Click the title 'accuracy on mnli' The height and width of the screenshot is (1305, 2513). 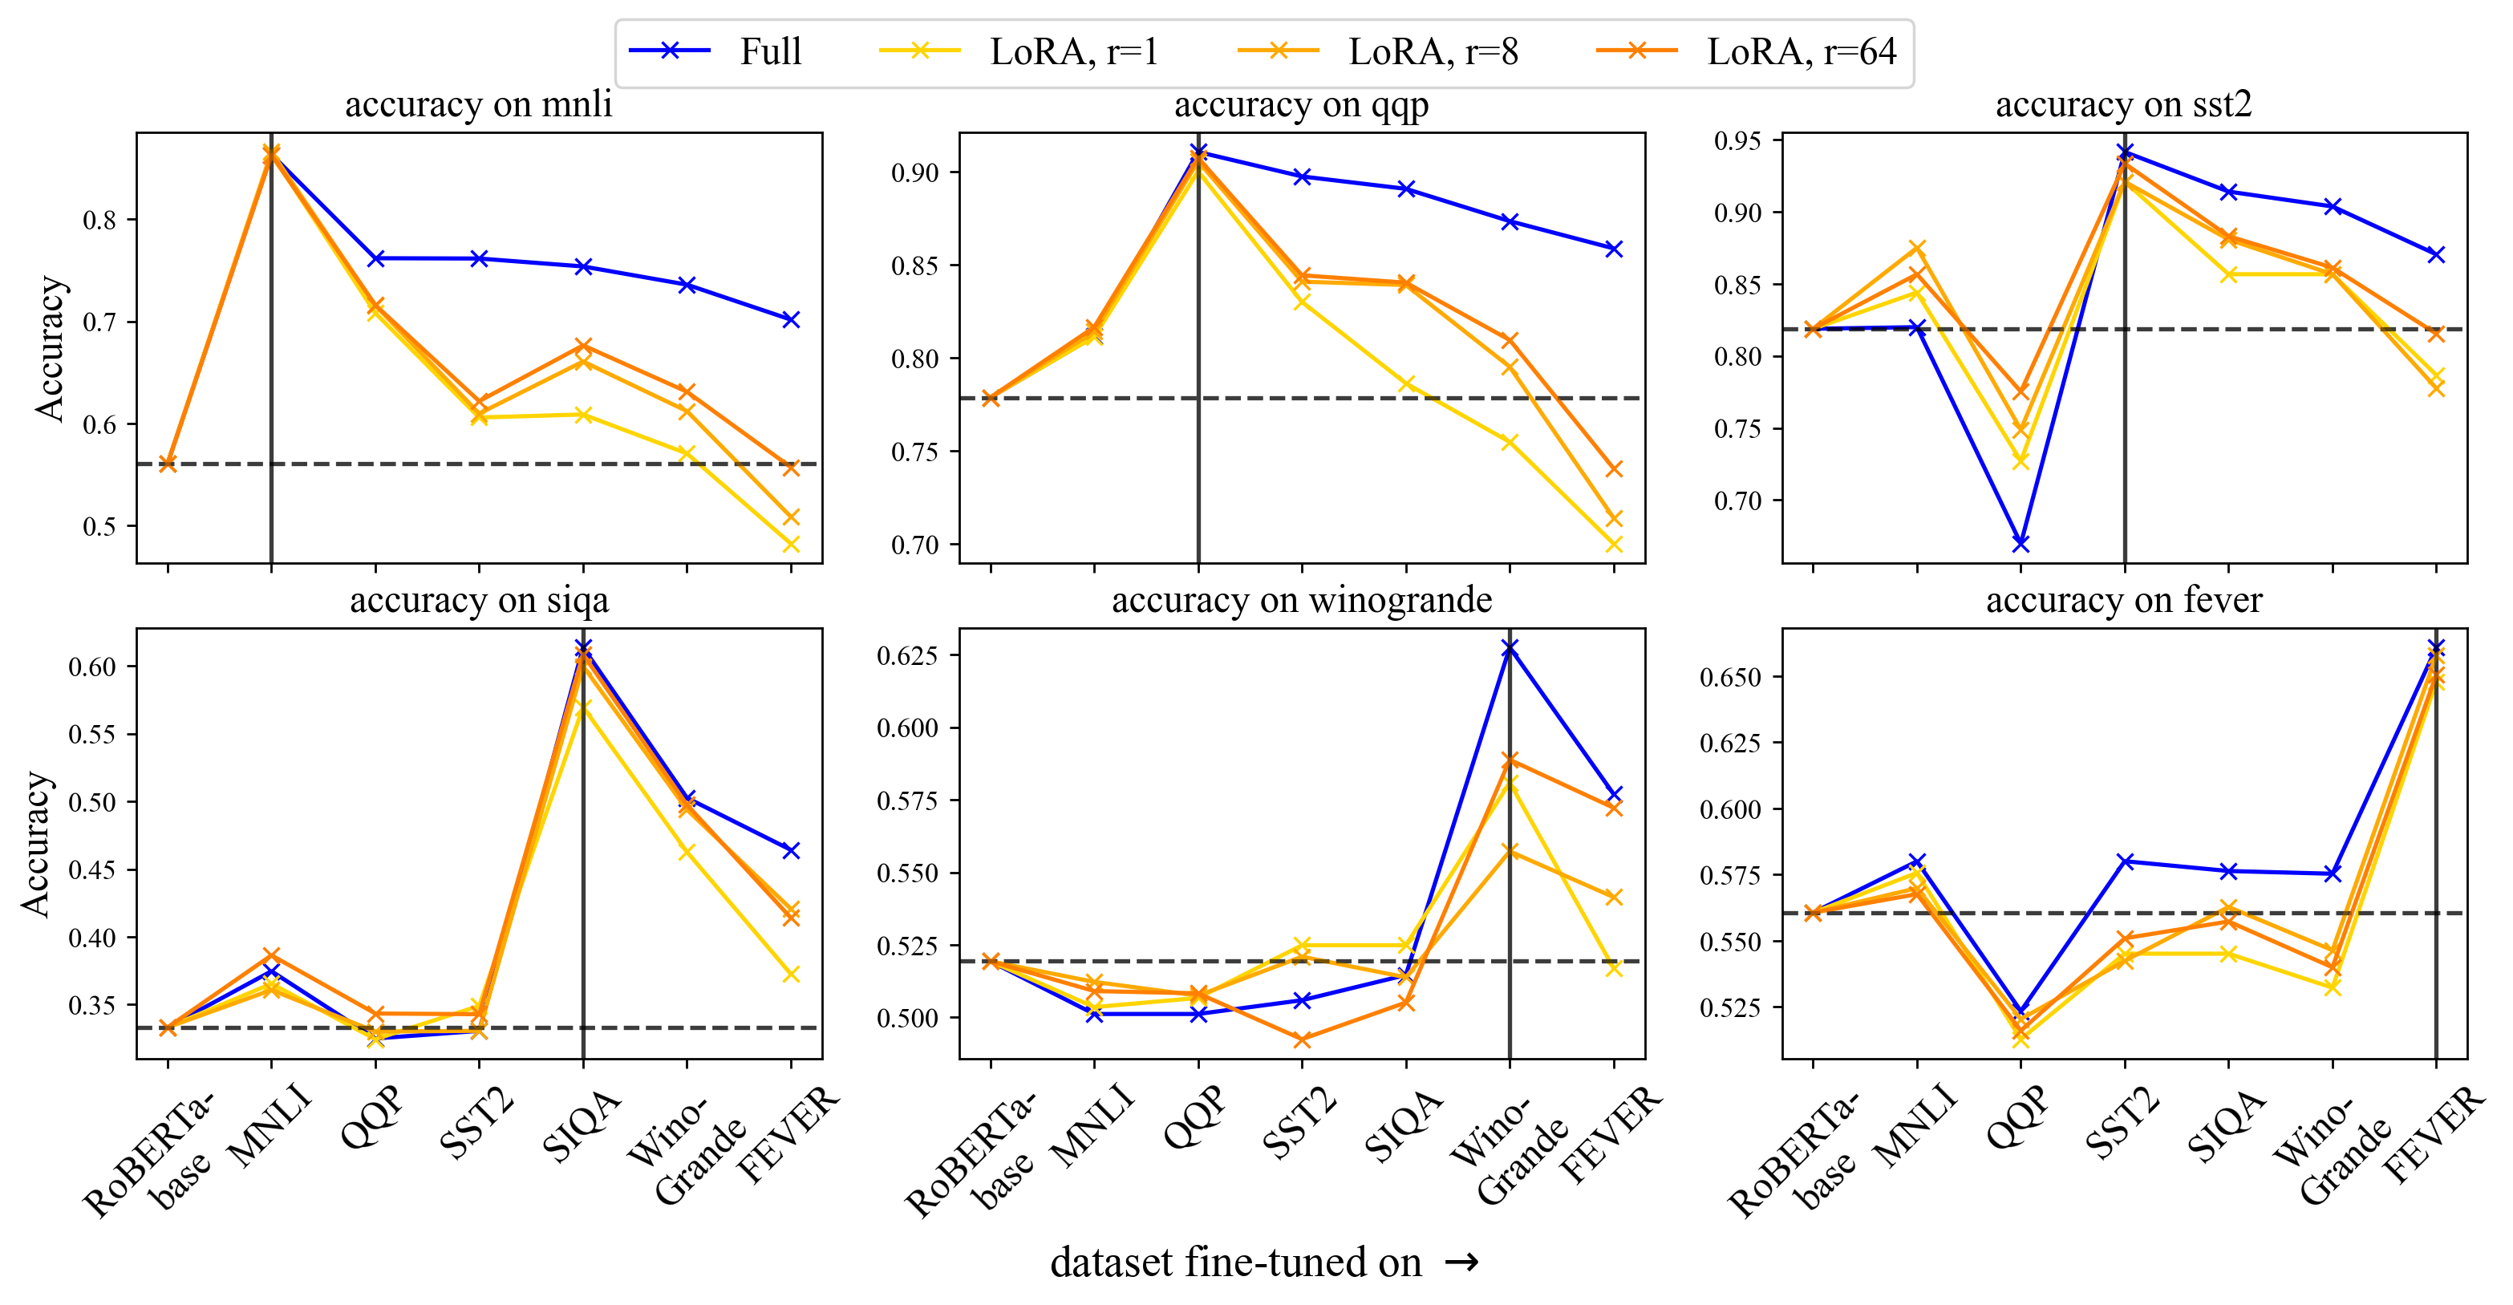click(x=478, y=104)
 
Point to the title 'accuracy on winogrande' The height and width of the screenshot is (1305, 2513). click(x=1301, y=600)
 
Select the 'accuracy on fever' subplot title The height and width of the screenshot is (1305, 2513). click(x=2124, y=600)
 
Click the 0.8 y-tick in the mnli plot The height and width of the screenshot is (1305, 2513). click(x=99, y=221)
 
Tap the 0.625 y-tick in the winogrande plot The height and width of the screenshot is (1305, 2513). click(x=907, y=655)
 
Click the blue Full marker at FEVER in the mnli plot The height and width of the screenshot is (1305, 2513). click(x=791, y=320)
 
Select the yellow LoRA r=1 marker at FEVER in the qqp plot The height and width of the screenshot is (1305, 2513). click(x=1614, y=545)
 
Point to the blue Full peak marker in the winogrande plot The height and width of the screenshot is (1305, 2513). click(x=1510, y=647)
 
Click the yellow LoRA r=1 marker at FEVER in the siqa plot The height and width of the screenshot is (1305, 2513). click(x=791, y=975)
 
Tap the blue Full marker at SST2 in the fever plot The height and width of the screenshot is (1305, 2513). click(x=2125, y=861)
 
